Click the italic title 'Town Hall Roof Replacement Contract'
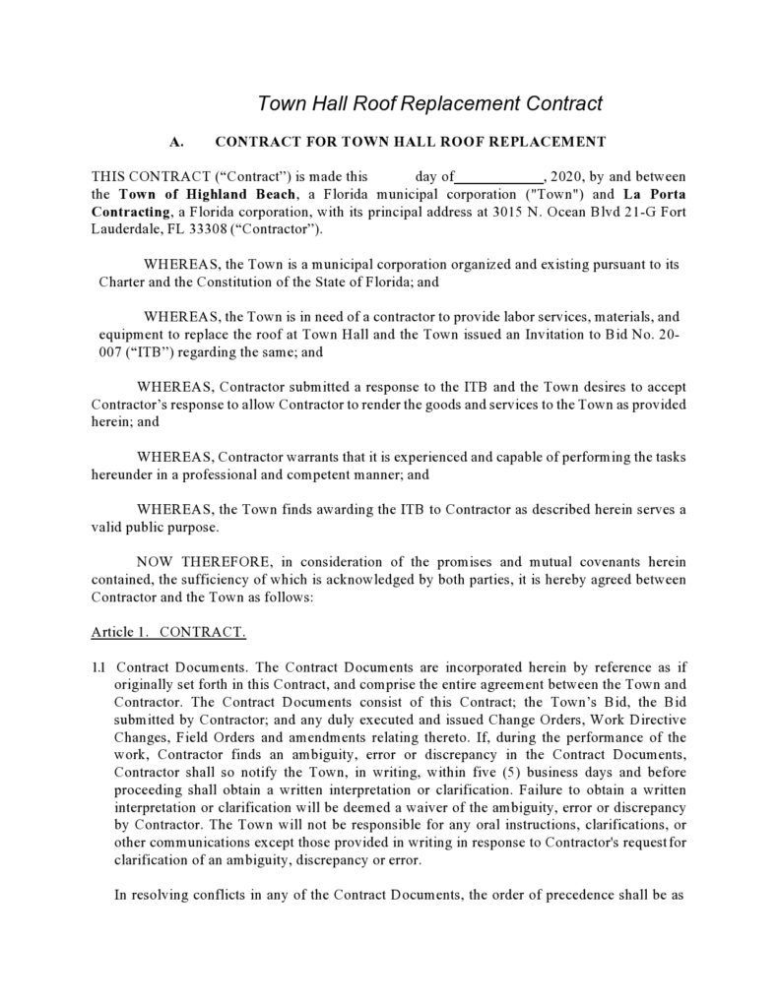point(429,103)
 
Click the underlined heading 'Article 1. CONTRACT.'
point(168,630)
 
